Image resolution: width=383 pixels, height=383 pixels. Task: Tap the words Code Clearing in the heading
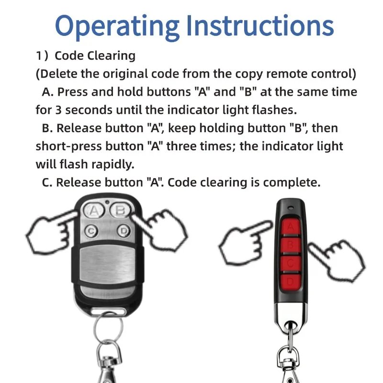coord(95,56)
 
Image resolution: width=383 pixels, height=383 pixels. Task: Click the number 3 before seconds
coord(57,110)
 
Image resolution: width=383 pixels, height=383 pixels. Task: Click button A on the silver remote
coord(94,211)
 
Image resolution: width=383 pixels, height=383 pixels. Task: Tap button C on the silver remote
coord(92,231)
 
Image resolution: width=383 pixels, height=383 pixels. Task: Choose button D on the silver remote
coord(123,231)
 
